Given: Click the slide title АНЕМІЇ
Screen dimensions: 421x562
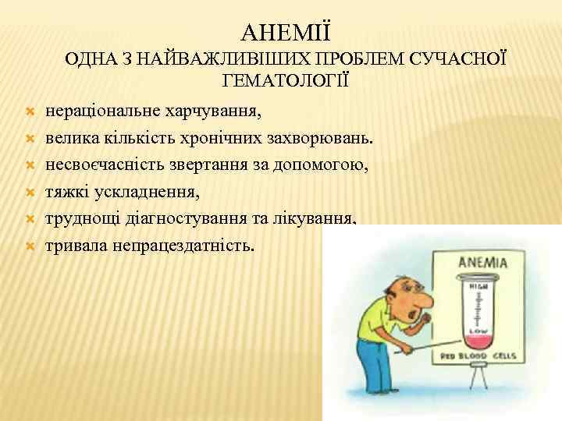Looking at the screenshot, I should pyautogui.click(x=286, y=34).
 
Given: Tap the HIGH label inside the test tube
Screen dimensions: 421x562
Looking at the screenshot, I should pyautogui.click(x=475, y=288).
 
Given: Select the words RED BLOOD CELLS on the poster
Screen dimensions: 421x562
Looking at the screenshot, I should pyautogui.click(x=476, y=356).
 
